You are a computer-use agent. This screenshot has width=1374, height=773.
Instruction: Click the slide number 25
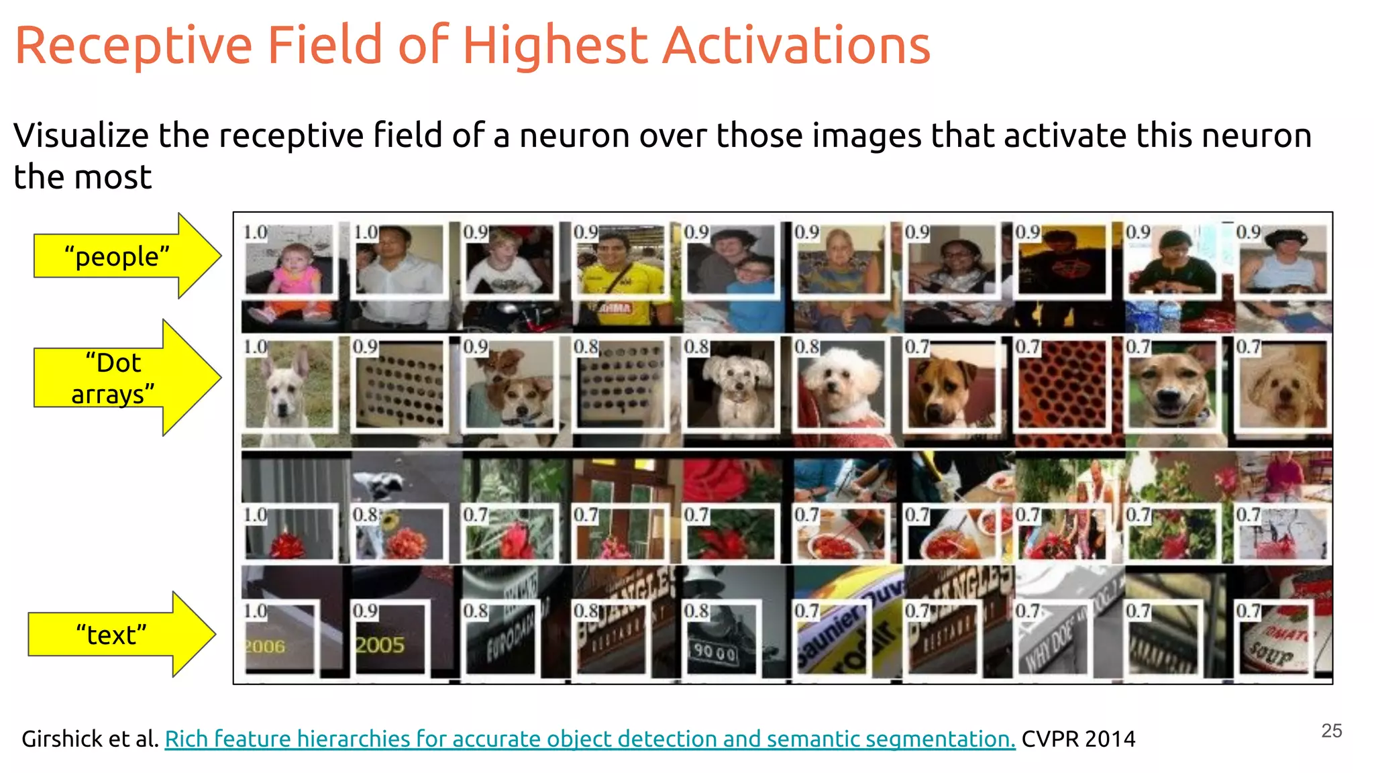point(1331,731)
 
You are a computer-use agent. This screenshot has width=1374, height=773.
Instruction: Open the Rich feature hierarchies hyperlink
point(590,739)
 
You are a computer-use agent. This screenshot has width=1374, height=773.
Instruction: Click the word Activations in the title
point(796,46)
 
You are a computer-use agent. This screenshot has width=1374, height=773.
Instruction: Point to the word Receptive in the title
point(134,46)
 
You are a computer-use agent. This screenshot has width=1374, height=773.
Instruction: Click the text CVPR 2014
point(1078,739)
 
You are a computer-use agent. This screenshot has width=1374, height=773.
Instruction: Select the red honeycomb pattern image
point(1061,386)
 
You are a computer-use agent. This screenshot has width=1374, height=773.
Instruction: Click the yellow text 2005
point(380,645)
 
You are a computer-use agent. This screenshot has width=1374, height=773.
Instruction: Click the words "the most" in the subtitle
point(83,177)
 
